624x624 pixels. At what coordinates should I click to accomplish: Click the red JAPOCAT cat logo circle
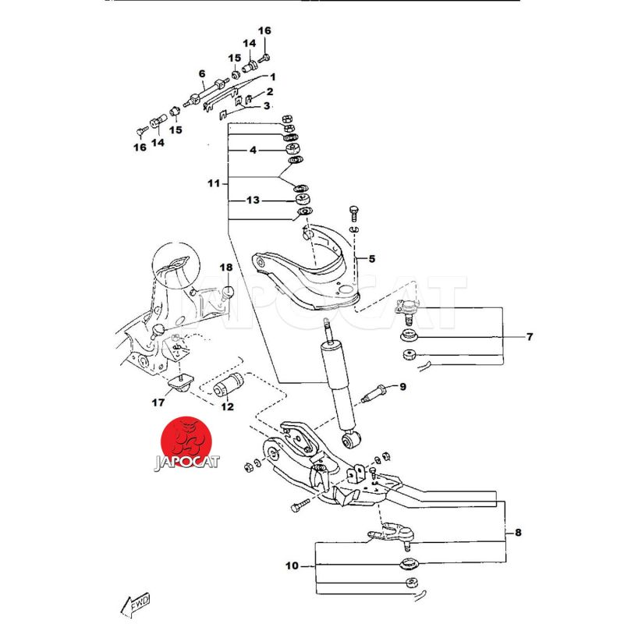pyautogui.click(x=186, y=441)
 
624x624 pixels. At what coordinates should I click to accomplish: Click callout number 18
pyautogui.click(x=225, y=268)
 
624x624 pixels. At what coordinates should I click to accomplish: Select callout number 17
pyautogui.click(x=158, y=403)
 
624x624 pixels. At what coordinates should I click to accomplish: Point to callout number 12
pyautogui.click(x=227, y=406)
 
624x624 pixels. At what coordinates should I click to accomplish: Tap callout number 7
pyautogui.click(x=529, y=337)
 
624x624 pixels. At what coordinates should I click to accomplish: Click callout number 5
pyautogui.click(x=371, y=258)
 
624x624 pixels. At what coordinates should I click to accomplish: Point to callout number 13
pyautogui.click(x=253, y=200)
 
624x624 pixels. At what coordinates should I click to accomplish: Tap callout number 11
pyautogui.click(x=214, y=183)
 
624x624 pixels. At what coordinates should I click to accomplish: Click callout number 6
pyautogui.click(x=202, y=74)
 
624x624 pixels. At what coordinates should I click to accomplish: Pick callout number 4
pyautogui.click(x=253, y=150)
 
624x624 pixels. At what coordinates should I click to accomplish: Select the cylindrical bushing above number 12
pyautogui.click(x=229, y=385)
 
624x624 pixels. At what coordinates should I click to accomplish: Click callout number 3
pyautogui.click(x=266, y=106)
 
